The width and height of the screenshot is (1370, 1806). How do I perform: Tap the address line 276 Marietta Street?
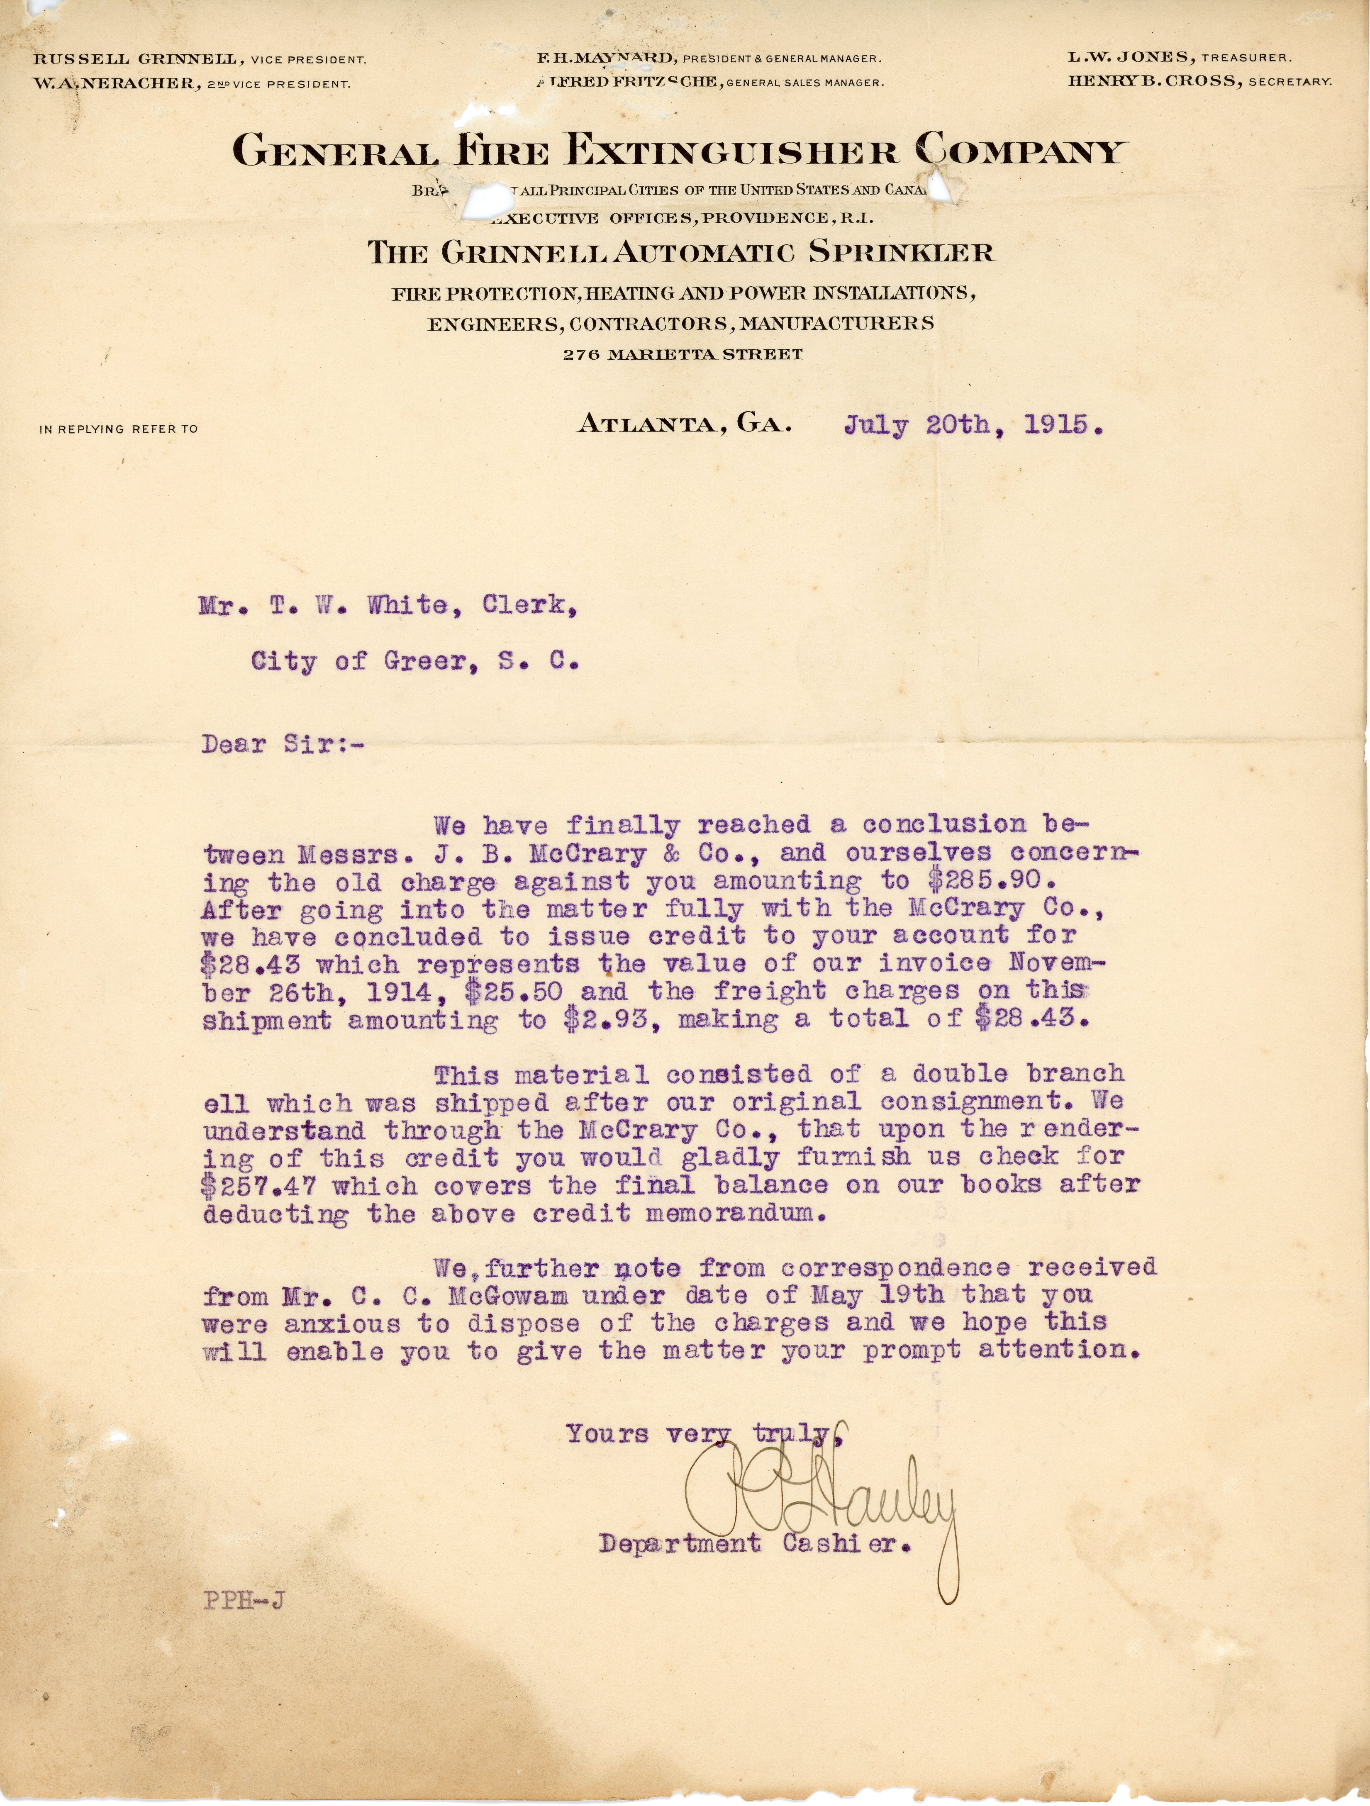(x=683, y=354)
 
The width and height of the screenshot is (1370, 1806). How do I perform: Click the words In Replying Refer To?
(x=118, y=429)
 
